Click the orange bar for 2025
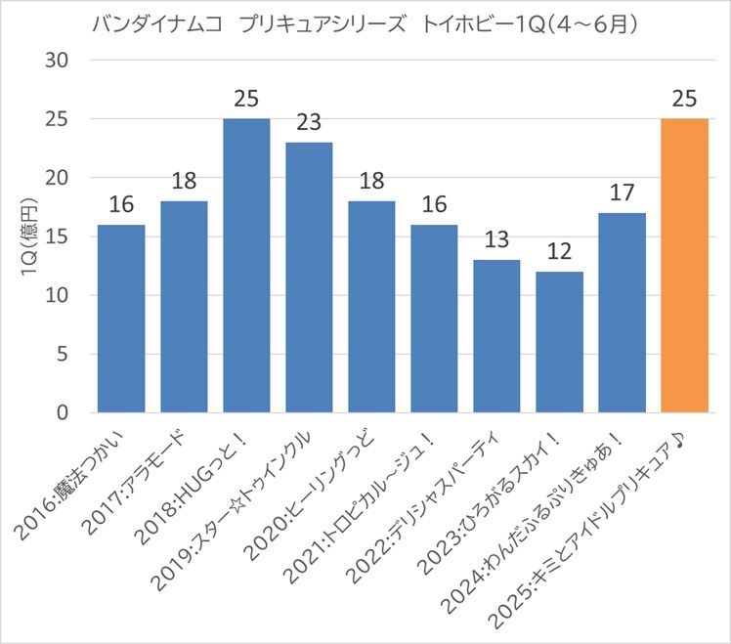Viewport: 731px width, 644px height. tap(684, 266)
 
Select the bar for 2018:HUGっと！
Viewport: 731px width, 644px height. tap(246, 266)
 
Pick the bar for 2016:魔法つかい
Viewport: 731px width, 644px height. tap(121, 319)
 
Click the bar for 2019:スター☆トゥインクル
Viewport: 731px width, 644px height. tap(309, 278)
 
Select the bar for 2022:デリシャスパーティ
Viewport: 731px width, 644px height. tap(496, 336)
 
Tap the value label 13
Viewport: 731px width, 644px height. tap(496, 240)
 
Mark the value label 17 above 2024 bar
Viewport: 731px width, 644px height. tap(622, 193)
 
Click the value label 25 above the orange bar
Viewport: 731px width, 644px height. tap(684, 99)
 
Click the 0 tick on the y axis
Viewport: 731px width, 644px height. tap(61, 413)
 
